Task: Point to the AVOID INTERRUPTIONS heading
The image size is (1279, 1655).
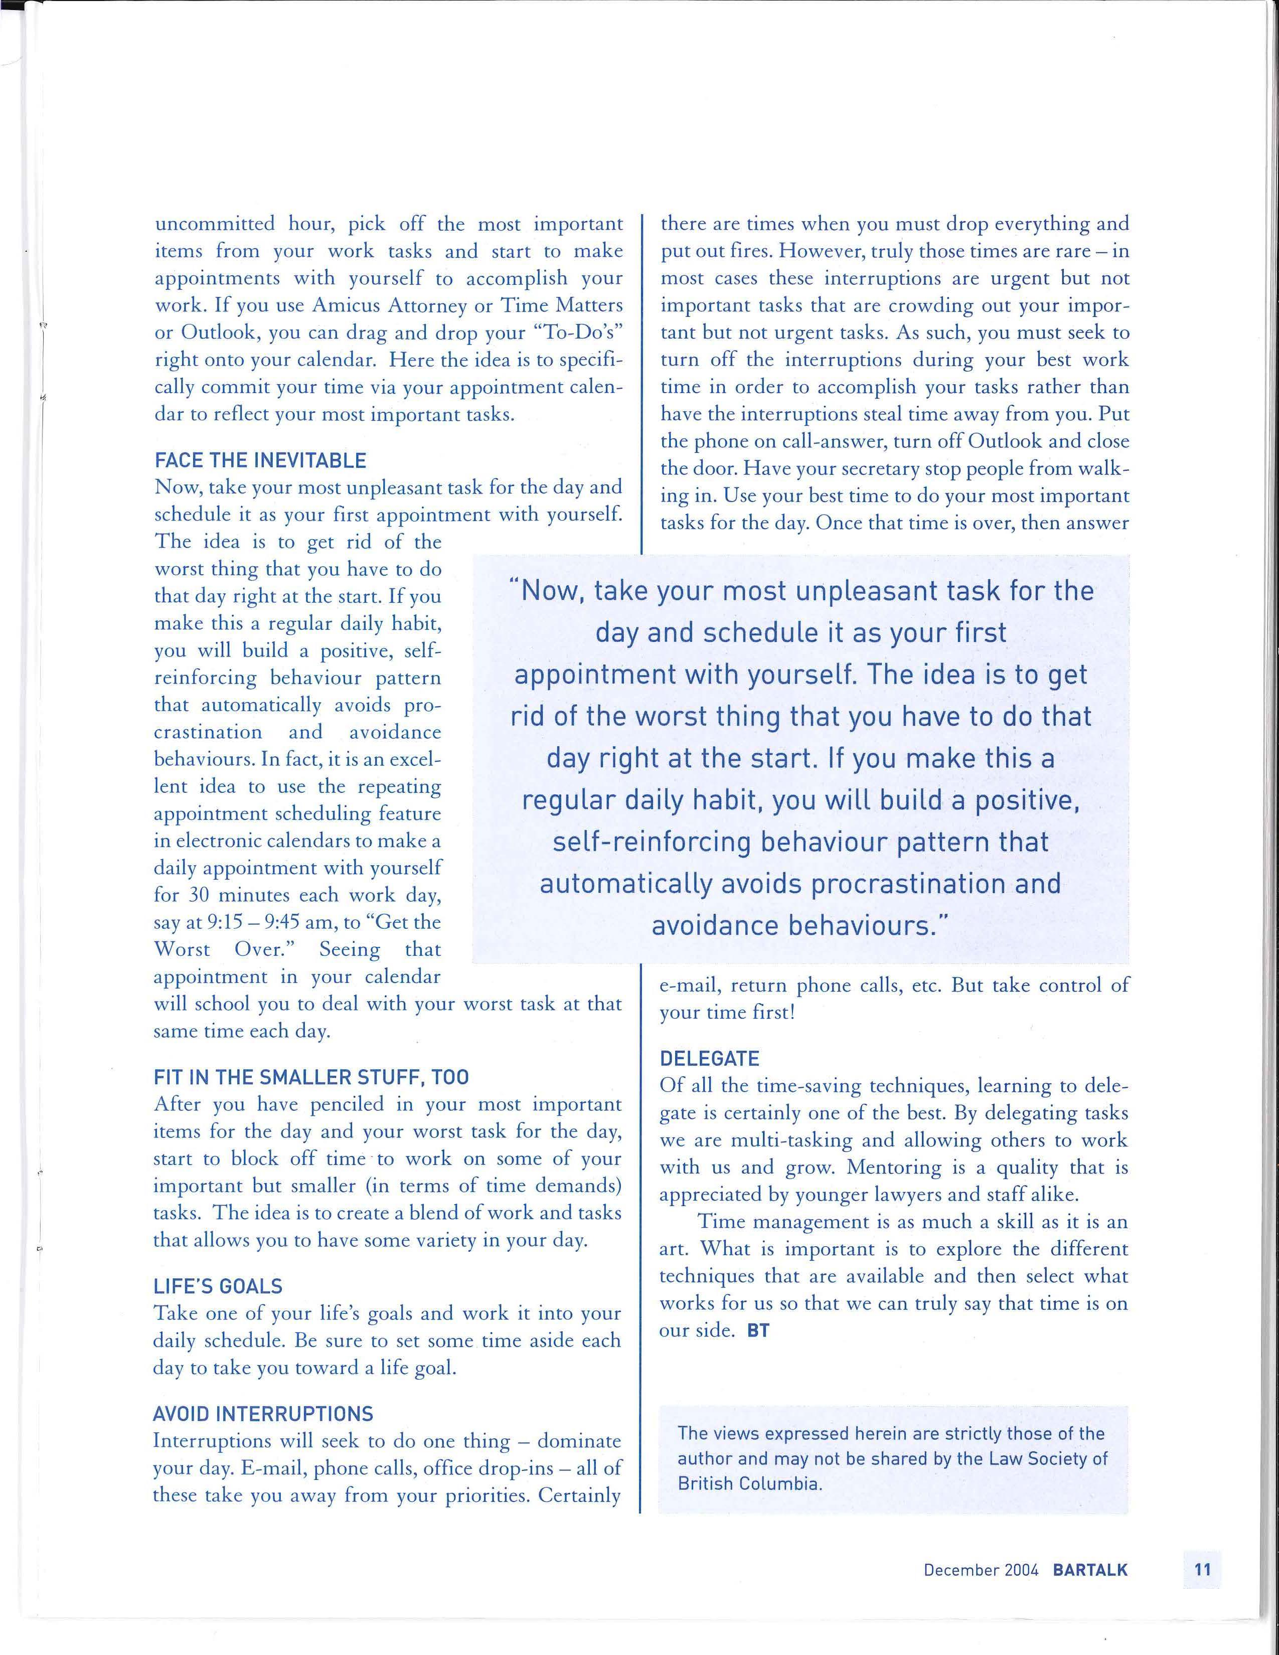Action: (263, 1414)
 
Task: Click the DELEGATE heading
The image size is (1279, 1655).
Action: (709, 1059)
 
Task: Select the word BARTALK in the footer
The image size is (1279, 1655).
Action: (1089, 1570)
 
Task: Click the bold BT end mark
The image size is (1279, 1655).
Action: (758, 1331)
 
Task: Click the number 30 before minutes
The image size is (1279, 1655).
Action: (199, 895)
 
